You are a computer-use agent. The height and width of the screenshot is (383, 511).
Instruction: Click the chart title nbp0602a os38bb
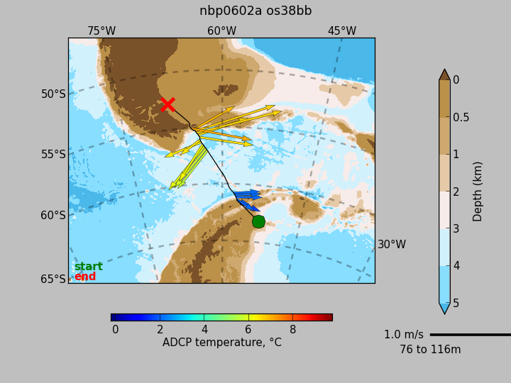pyautogui.click(x=255, y=11)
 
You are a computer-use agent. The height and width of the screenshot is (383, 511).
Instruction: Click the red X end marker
pyautogui.click(x=168, y=104)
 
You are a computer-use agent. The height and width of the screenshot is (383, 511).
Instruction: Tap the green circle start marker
pyautogui.click(x=258, y=221)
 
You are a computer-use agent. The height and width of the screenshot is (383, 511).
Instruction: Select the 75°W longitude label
pyautogui.click(x=101, y=31)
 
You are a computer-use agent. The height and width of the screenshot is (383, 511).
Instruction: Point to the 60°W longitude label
pyautogui.click(x=221, y=31)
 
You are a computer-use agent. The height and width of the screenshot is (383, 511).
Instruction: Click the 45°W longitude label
pyautogui.click(x=342, y=31)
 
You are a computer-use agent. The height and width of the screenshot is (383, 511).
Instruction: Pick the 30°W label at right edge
pyautogui.click(x=392, y=244)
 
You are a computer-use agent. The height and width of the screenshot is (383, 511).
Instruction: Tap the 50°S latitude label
pyautogui.click(x=53, y=94)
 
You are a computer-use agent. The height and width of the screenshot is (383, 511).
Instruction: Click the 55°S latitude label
pyautogui.click(x=53, y=154)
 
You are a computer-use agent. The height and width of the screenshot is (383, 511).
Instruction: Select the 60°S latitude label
pyautogui.click(x=53, y=216)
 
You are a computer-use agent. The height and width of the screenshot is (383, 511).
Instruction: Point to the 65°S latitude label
pyautogui.click(x=53, y=279)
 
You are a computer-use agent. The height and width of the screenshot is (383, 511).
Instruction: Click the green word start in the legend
pyautogui.click(x=88, y=267)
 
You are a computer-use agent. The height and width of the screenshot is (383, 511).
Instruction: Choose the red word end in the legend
pyautogui.click(x=85, y=277)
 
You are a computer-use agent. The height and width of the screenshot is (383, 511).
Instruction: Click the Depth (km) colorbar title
pyautogui.click(x=477, y=191)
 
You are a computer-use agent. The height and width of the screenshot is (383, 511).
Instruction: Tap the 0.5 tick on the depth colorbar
pyautogui.click(x=461, y=117)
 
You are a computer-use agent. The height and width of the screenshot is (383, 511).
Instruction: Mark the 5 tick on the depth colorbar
pyautogui.click(x=456, y=304)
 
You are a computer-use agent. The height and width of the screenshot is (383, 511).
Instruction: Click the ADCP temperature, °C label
pyautogui.click(x=222, y=343)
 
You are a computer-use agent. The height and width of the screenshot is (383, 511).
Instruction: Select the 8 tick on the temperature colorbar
pyautogui.click(x=292, y=330)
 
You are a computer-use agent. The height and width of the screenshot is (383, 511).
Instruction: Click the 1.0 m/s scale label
pyautogui.click(x=404, y=335)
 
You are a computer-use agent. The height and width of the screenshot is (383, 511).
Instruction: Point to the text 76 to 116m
pyautogui.click(x=430, y=350)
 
